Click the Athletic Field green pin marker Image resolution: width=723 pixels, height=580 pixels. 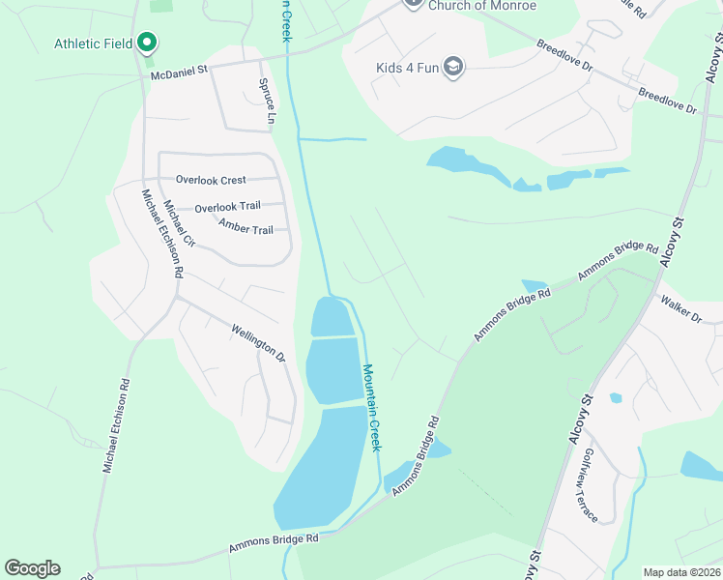pyautogui.click(x=147, y=43)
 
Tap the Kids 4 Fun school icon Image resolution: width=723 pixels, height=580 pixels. pyautogui.click(x=454, y=67)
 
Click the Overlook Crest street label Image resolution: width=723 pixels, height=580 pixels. pyautogui.click(x=211, y=180)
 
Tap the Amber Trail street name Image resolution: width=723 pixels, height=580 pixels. pyautogui.click(x=246, y=228)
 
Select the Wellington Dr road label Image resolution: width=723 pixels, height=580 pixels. pyautogui.click(x=258, y=343)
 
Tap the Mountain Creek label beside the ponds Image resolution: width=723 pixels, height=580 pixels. pyautogui.click(x=373, y=407)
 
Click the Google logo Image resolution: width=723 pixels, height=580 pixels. pyautogui.click(x=32, y=568)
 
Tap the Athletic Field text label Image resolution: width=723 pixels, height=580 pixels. pyautogui.click(x=93, y=43)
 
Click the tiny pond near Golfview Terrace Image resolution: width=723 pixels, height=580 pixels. pyautogui.click(x=616, y=397)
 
